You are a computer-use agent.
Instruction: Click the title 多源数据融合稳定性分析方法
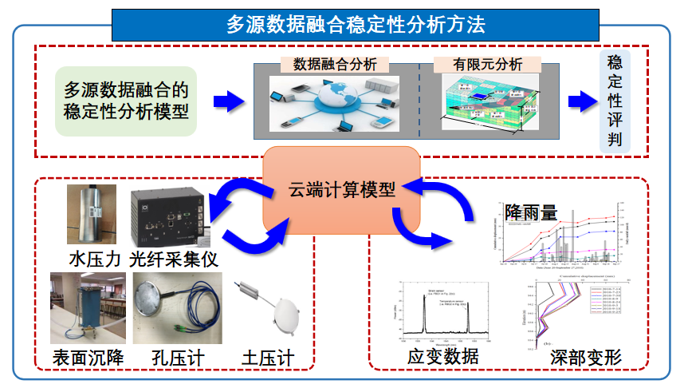[356, 25]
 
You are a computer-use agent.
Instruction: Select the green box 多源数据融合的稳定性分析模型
[126, 100]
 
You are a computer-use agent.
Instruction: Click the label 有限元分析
[487, 65]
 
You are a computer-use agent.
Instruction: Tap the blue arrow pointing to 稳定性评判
[581, 101]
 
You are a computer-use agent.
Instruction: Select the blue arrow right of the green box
[228, 101]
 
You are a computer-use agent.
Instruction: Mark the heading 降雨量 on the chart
[531, 213]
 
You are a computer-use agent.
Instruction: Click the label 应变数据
[443, 356]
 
